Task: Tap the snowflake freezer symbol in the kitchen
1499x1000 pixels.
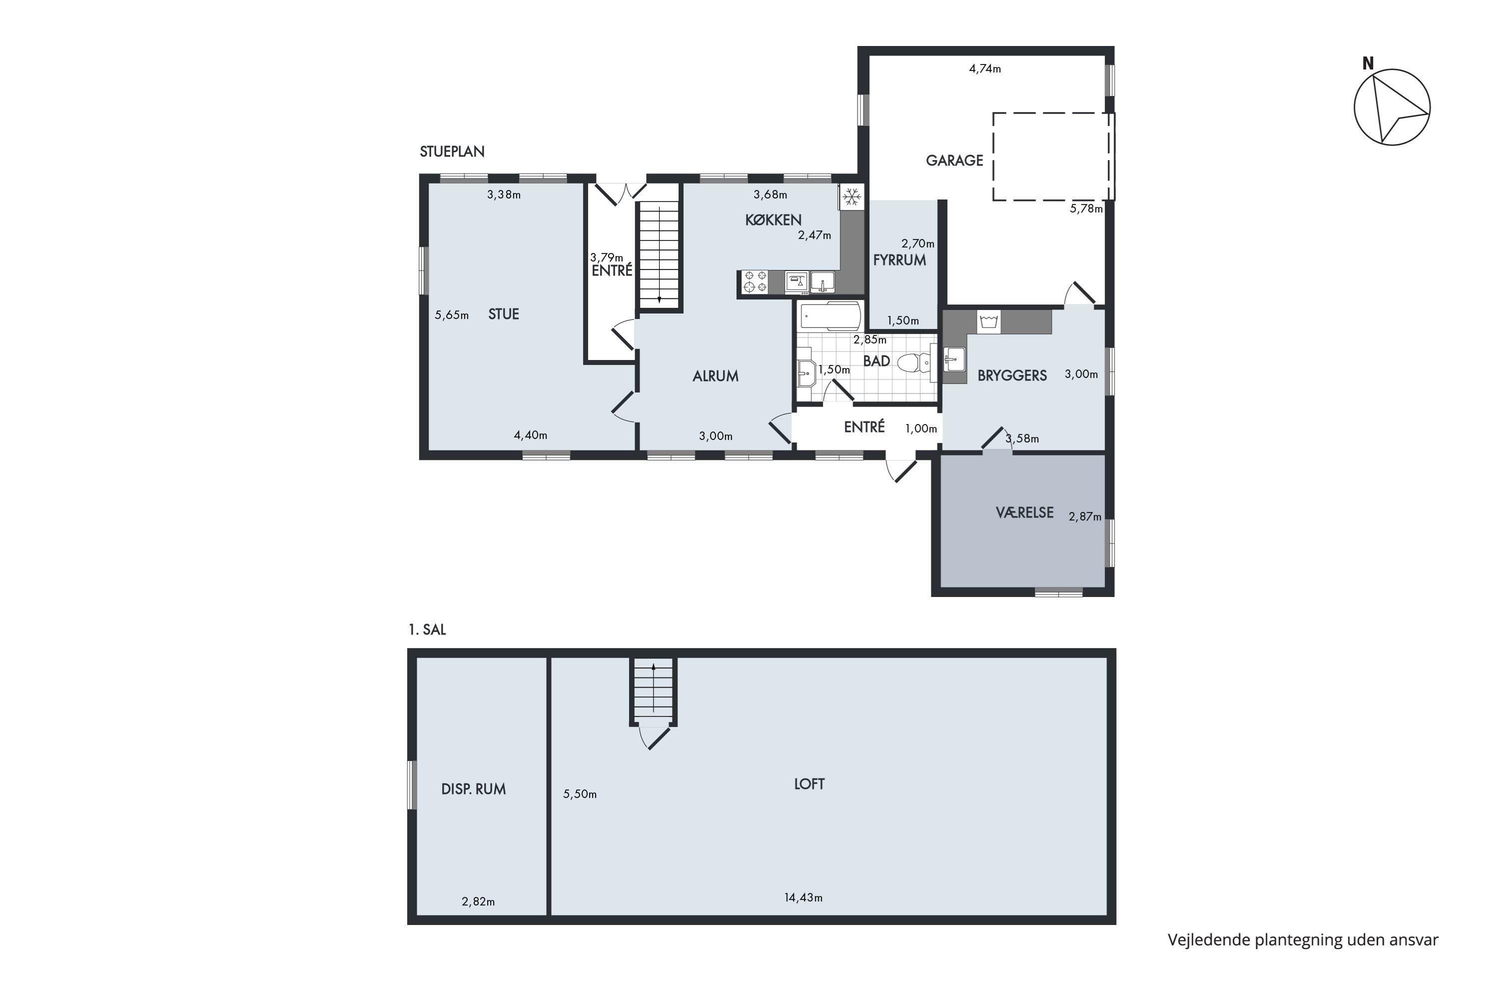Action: pyautogui.click(x=851, y=196)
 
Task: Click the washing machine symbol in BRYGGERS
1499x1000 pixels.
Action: pyautogui.click(x=988, y=321)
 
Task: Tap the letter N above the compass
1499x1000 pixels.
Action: pyautogui.click(x=1368, y=64)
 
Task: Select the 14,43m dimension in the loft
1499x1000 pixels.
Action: pyautogui.click(x=803, y=898)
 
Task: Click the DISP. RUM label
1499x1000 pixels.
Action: pyautogui.click(x=474, y=789)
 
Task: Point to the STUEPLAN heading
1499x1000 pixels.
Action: pyautogui.click(x=452, y=152)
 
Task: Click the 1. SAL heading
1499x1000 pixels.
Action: pyautogui.click(x=427, y=629)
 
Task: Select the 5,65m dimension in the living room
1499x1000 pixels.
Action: pyautogui.click(x=452, y=315)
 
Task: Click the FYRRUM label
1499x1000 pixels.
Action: pyautogui.click(x=899, y=259)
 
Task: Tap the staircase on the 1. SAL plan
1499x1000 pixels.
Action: pyautogui.click(x=653, y=692)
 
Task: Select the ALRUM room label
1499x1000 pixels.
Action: pyautogui.click(x=715, y=376)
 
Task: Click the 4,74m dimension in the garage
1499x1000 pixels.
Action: pyautogui.click(x=985, y=69)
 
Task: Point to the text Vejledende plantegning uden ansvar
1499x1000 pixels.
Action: pyautogui.click(x=1303, y=940)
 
